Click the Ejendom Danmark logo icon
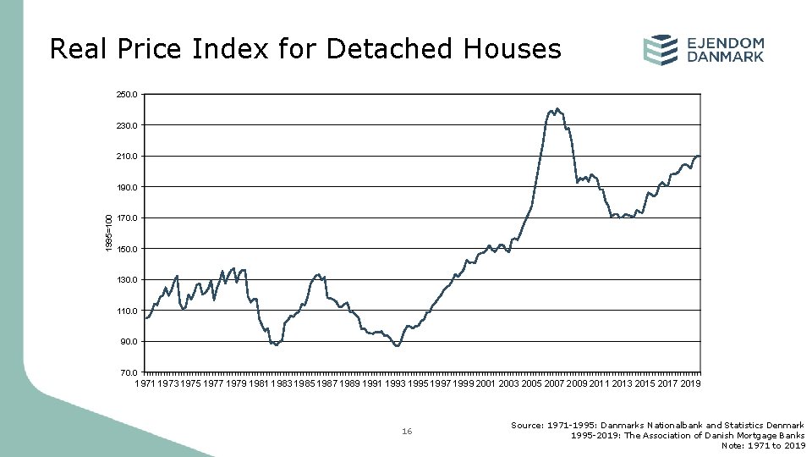[660, 50]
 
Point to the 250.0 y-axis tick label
[129, 95]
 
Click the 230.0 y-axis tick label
[129, 126]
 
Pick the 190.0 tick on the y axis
[129, 188]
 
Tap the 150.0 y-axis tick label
[129, 250]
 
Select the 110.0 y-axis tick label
[129, 311]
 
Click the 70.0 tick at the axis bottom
[130, 372]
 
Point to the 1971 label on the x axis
[145, 383]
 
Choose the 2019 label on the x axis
[690, 383]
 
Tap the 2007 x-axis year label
[554, 383]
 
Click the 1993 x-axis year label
[395, 383]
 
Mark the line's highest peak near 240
[557, 108]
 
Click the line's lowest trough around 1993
[397, 346]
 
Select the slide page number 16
[407, 432]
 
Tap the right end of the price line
[700, 157]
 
